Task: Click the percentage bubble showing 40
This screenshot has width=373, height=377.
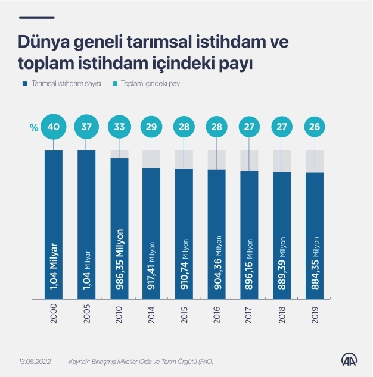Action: [x=54, y=127]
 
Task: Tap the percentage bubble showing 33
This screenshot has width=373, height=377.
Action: [x=119, y=127]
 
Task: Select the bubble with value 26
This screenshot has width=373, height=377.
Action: [x=314, y=127]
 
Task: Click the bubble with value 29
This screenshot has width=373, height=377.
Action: [x=152, y=127]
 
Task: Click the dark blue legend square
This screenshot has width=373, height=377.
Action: [x=24, y=84]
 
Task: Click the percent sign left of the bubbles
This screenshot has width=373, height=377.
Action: [x=34, y=127]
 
